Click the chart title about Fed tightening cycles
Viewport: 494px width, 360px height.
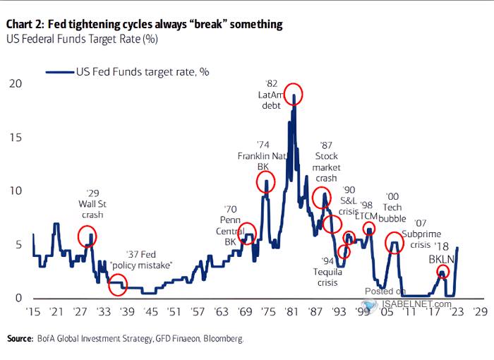click(144, 24)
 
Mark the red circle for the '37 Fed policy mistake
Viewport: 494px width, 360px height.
click(118, 286)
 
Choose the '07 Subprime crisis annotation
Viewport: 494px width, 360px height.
click(423, 235)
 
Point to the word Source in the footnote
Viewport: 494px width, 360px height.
click(20, 340)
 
